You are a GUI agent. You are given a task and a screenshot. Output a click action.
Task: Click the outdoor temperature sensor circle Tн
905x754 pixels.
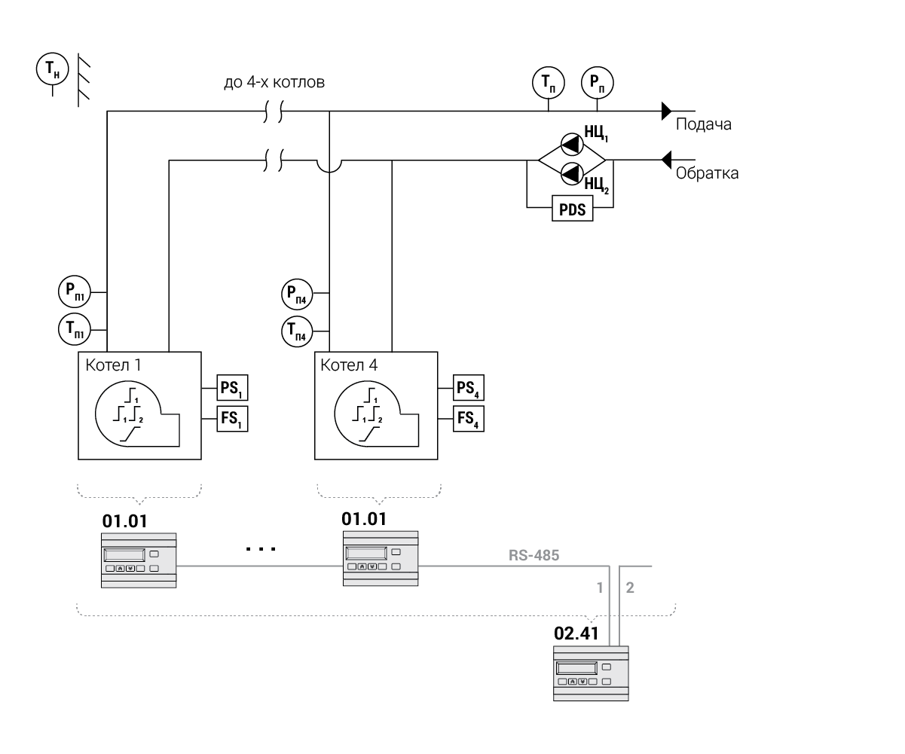[52, 69]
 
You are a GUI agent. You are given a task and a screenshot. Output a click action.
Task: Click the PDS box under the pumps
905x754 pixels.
[573, 209]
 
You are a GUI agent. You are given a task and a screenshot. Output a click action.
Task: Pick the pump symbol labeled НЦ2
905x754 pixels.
[572, 174]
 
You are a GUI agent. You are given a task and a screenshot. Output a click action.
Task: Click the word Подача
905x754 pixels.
[703, 124]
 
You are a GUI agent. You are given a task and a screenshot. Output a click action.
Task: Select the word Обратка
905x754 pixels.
[707, 173]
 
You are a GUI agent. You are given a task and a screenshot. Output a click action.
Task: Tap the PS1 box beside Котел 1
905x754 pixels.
[232, 389]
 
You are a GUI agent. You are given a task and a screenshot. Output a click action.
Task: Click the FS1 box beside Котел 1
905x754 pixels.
[232, 418]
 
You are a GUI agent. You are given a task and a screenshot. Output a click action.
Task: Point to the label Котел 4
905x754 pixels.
[349, 365]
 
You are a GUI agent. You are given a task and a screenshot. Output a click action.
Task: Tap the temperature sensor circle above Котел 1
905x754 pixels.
[74, 328]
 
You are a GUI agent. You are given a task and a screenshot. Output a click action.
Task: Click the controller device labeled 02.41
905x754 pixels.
[591, 673]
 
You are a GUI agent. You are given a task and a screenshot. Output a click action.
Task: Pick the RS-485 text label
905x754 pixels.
[534, 556]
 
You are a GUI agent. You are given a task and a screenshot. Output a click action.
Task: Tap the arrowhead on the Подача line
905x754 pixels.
[666, 111]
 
